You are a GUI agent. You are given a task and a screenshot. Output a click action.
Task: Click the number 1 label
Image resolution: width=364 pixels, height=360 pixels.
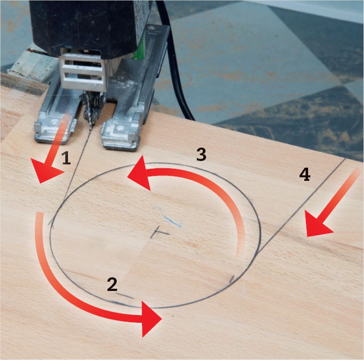pyautogui.click(x=66, y=158)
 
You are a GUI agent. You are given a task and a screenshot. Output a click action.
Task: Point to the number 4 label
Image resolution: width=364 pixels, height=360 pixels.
pyautogui.click(x=305, y=175)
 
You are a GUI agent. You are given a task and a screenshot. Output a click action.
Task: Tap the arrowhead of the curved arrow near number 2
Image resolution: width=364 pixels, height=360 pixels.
pyautogui.click(x=150, y=319)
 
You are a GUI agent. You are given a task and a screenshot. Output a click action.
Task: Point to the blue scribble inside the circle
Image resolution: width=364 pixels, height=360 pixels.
pyautogui.click(x=168, y=217)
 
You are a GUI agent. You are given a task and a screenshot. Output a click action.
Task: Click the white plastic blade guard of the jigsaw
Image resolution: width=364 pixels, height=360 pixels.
pyautogui.click(x=82, y=71)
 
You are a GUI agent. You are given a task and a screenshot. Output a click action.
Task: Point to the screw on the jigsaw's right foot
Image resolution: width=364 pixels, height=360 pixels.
pyautogui.click(x=120, y=128)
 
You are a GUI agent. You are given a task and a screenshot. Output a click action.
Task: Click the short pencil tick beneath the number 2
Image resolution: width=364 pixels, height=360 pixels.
pyautogui.click(x=125, y=296)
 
